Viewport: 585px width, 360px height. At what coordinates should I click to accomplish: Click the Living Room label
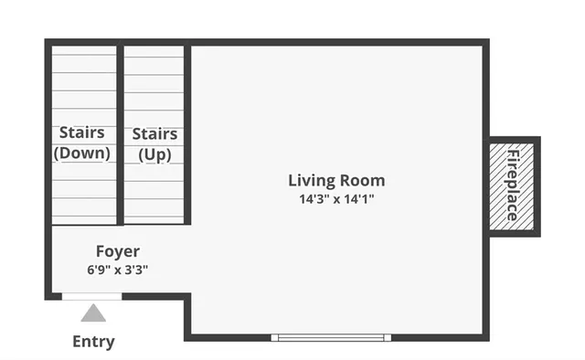[x=336, y=180]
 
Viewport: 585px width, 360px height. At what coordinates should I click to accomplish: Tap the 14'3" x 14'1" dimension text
[x=336, y=198]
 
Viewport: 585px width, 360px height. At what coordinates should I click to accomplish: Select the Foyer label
[x=118, y=251]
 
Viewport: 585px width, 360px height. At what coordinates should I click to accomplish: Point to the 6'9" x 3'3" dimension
[x=118, y=270]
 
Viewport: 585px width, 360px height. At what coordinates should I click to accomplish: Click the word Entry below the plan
[x=93, y=342]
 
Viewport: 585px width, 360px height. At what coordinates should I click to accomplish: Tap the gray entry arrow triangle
[x=93, y=314]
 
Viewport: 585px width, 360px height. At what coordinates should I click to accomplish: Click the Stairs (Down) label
[x=82, y=143]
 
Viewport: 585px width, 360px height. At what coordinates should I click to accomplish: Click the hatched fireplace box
[x=513, y=185]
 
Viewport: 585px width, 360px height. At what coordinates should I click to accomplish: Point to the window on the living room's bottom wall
[x=331, y=337]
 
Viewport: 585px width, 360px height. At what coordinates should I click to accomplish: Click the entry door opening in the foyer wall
[x=91, y=296]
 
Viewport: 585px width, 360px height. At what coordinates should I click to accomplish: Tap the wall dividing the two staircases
[x=120, y=132]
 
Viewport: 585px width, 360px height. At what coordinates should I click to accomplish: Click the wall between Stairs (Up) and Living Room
[x=188, y=132]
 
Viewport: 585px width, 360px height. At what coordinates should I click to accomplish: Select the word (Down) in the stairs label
[x=82, y=154]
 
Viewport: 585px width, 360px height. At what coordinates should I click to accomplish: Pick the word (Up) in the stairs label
[x=154, y=155]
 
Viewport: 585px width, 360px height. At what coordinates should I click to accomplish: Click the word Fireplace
[x=513, y=185]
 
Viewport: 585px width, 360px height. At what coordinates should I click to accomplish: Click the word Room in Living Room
[x=363, y=180]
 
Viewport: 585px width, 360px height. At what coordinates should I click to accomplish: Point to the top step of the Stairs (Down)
[x=82, y=57]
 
